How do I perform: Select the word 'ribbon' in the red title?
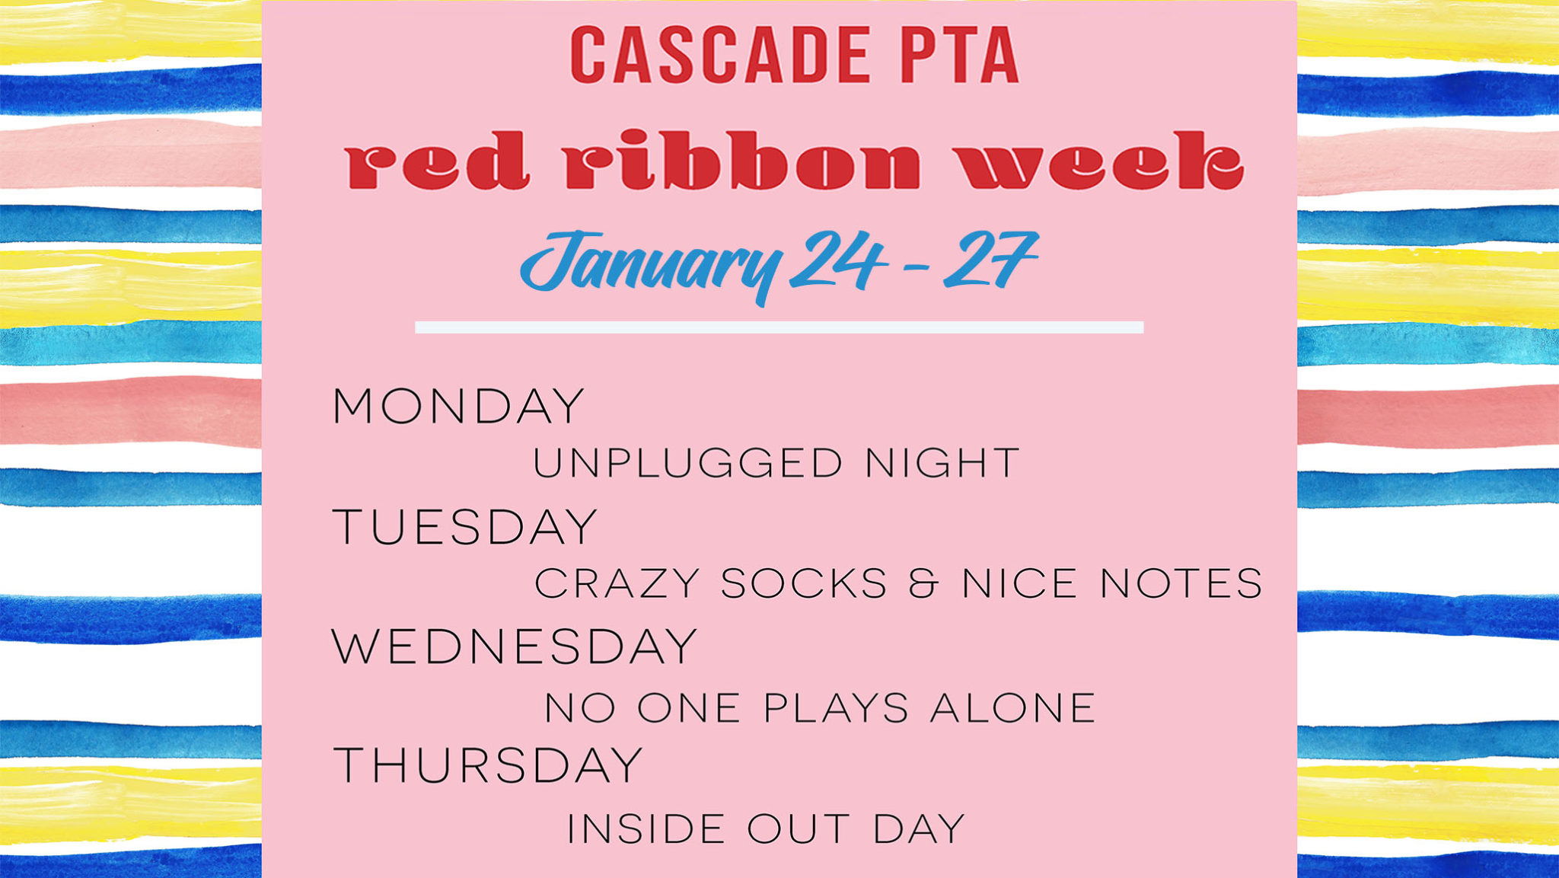743,159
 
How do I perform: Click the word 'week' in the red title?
1100,160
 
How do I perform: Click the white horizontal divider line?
779,327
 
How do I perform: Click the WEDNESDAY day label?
515,647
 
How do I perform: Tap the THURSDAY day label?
488,765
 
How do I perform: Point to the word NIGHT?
942,464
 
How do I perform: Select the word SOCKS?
804,584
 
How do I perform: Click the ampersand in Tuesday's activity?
924,584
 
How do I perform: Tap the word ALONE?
1013,708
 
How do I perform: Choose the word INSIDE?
646,829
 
